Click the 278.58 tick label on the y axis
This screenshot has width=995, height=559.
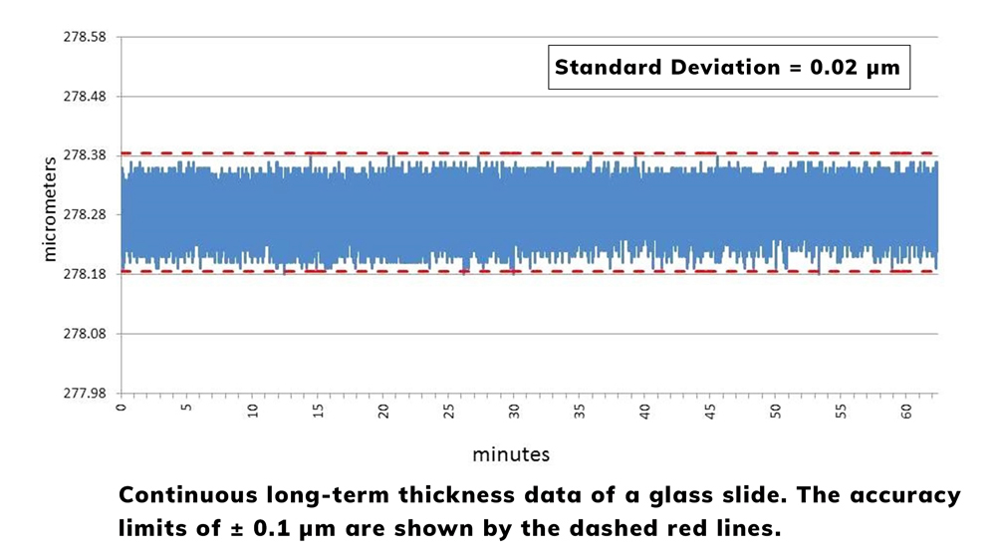[x=85, y=37]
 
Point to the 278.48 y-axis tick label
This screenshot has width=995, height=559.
[x=85, y=97]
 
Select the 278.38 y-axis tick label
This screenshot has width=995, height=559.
[x=85, y=155]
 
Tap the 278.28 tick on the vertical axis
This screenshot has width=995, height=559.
[x=85, y=215]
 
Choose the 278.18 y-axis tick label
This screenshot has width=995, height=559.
[x=85, y=274]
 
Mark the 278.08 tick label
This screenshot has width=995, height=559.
[x=85, y=334]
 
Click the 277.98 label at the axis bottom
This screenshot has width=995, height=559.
[x=85, y=393]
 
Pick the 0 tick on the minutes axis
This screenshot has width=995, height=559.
[x=122, y=409]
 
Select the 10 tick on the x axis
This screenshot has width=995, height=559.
[x=253, y=412]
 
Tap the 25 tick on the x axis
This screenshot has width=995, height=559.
[x=449, y=412]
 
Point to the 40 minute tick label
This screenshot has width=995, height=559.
[x=645, y=412]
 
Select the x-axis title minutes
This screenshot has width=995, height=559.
[x=511, y=454]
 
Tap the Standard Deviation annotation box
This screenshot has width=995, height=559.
[x=728, y=68]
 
